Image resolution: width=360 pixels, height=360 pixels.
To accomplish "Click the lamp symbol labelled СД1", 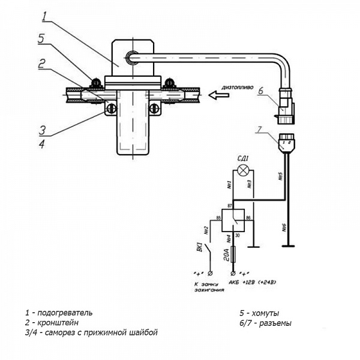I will point(243,170).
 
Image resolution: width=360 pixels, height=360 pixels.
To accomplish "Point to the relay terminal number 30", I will point(238,236).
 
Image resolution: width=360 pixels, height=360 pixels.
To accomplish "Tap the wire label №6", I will point(283,227).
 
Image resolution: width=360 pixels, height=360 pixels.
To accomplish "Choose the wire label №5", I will point(280,177).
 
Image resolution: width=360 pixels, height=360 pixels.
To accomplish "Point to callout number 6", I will point(261,91).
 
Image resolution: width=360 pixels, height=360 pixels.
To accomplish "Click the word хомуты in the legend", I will point(266,313).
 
